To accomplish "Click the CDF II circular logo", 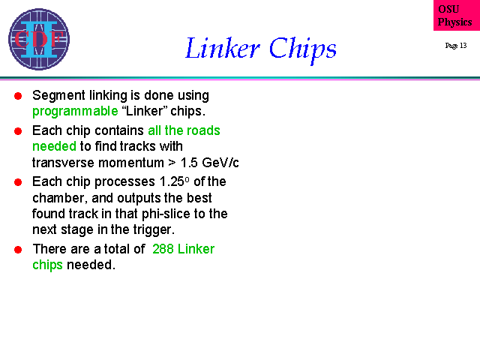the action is pos(39,39).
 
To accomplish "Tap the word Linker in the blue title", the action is pos(223,48).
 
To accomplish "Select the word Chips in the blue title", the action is pos(303,49).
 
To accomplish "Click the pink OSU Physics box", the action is pos(457,15).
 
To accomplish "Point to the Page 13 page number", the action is pos(456,46).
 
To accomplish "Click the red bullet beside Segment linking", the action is pos(18,96).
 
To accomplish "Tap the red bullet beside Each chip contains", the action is pos(18,131).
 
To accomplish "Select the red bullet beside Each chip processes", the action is pos(18,182).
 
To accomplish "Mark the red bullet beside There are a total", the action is pos(18,250).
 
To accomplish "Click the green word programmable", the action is pos(75,112).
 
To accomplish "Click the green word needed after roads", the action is pos(54,146).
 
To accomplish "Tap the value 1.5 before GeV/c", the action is pos(189,163).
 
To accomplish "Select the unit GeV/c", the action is pos(220,163).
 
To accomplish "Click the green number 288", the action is pos(163,249).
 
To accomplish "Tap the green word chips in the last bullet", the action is pos(47,265).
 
